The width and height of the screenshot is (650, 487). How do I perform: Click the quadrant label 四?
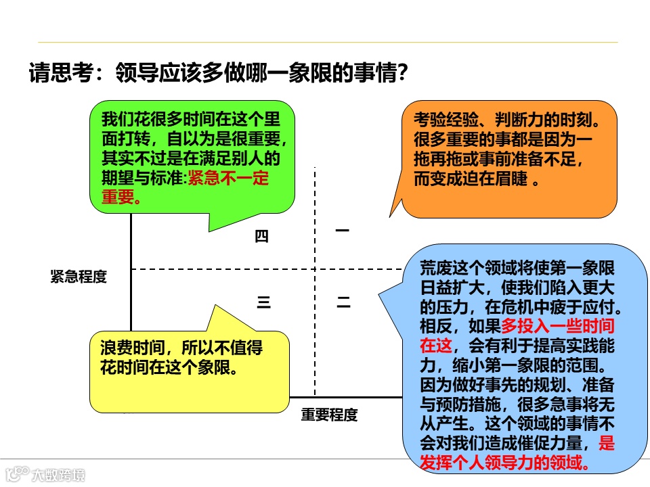(262, 236)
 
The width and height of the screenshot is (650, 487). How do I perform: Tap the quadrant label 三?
(263, 303)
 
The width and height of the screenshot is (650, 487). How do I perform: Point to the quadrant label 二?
(344, 304)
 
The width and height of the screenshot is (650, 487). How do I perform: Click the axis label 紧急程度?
(79, 277)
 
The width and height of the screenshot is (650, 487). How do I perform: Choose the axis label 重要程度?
(329, 415)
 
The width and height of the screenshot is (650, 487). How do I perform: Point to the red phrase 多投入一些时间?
(558, 326)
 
